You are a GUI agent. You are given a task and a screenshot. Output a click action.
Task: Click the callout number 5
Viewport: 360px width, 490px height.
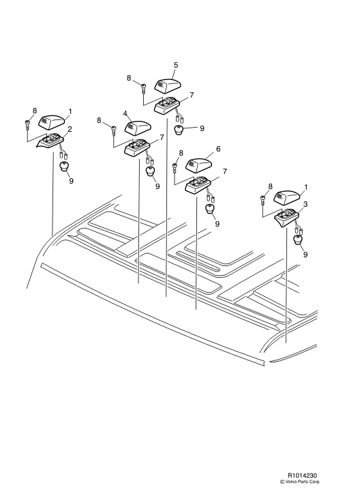click(x=175, y=66)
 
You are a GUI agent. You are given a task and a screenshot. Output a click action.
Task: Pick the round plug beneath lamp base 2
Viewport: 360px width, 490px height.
click(x=65, y=167)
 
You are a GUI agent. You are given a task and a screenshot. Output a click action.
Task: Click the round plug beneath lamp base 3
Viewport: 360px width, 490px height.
click(x=299, y=241)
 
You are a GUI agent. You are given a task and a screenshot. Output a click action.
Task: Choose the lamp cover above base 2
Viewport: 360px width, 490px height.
click(x=52, y=121)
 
